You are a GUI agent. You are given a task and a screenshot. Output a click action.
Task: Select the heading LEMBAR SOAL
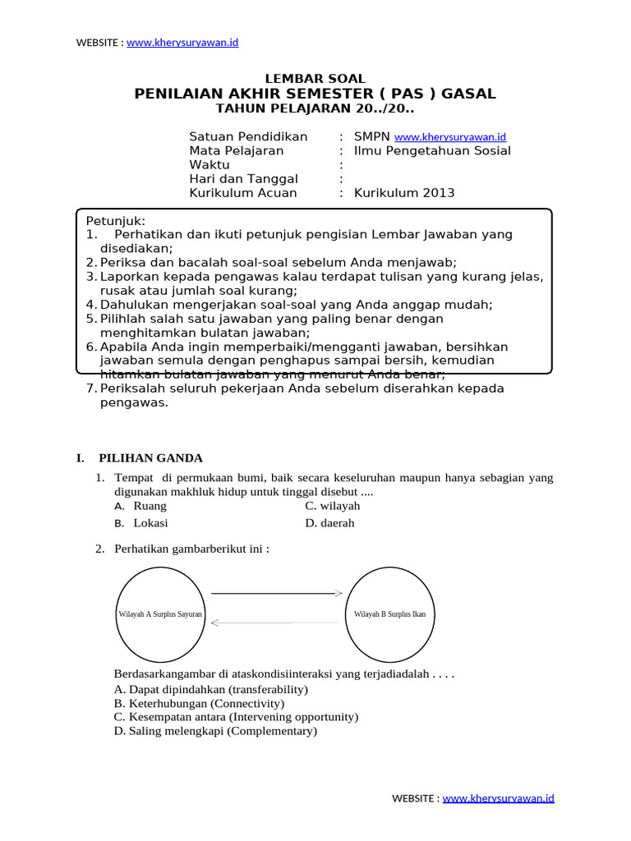[315, 78]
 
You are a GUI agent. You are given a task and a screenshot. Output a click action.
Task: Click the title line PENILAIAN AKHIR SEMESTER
[315, 94]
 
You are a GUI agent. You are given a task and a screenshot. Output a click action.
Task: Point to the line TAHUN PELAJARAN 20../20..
[315, 109]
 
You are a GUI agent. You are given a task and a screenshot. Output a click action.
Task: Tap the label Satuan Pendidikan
[248, 136]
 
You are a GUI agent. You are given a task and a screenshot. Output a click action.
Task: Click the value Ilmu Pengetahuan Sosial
[432, 150]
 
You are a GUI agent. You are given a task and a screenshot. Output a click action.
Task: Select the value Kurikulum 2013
[404, 193]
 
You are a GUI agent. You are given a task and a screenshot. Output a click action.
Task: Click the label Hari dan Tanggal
[243, 179]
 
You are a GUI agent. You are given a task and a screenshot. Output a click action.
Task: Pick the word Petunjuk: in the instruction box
[116, 221]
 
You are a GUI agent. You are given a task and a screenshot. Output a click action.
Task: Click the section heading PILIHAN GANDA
[150, 458]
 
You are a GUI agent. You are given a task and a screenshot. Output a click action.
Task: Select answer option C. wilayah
[332, 506]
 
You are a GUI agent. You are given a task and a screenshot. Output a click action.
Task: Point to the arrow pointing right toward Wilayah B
[276, 592]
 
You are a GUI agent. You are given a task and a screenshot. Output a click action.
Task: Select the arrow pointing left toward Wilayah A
[274, 623]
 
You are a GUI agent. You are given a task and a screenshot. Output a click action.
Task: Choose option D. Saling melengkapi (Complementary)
[215, 731]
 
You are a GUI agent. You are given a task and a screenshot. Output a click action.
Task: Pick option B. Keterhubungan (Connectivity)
[200, 704]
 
